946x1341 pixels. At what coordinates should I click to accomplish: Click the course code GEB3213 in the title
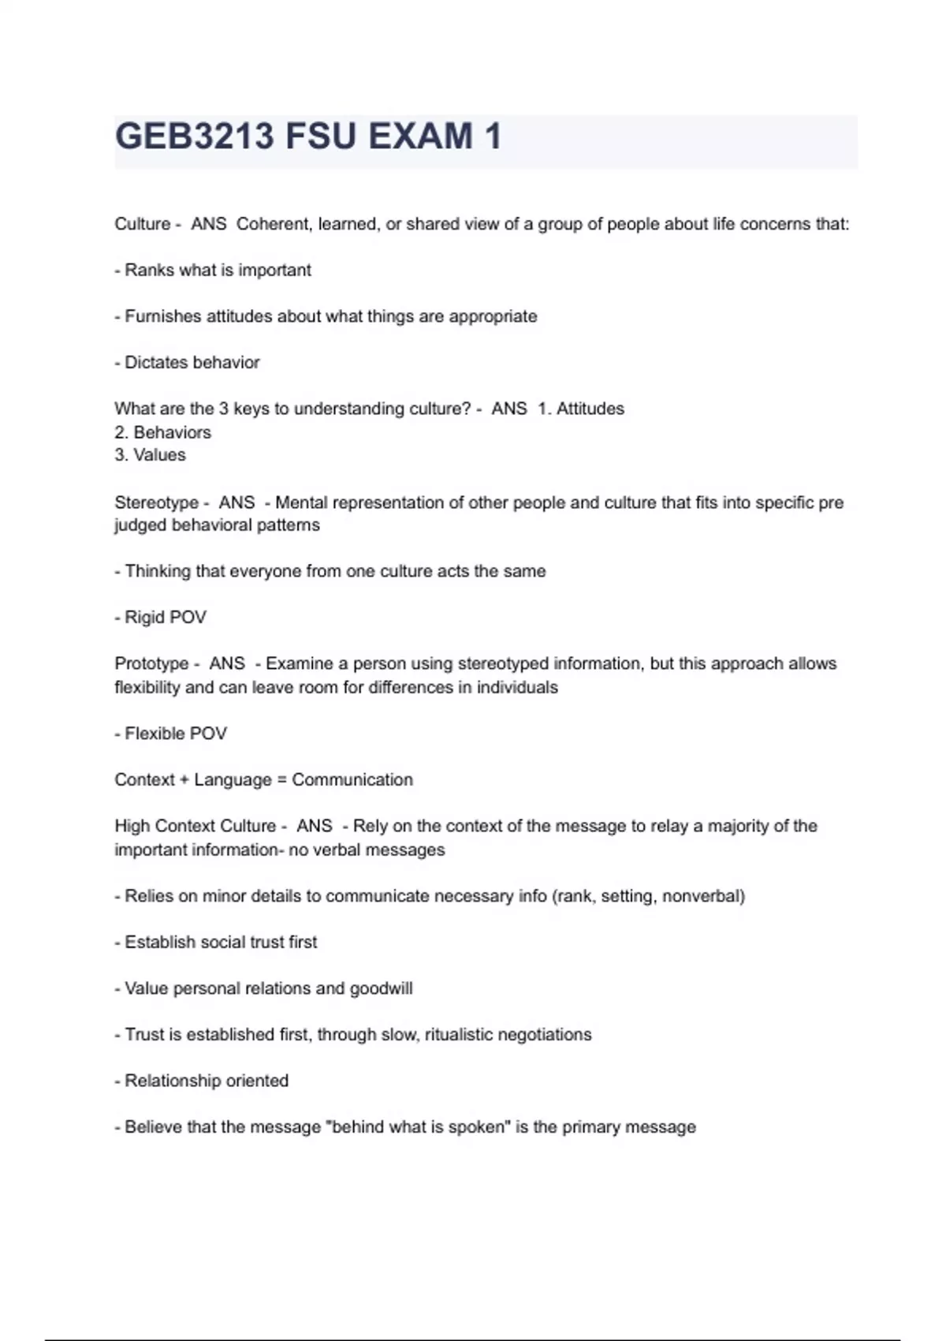coord(194,136)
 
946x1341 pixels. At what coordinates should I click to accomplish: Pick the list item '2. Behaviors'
coord(162,432)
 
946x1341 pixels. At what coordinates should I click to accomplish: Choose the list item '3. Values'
coord(150,455)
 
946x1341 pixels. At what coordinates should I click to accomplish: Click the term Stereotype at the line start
coord(156,502)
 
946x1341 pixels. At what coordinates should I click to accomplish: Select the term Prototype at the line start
coord(151,663)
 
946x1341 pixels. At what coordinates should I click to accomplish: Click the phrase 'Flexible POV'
coord(175,734)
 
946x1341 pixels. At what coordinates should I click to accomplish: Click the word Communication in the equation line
coord(352,780)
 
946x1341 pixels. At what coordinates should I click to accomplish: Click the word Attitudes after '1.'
coord(590,409)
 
